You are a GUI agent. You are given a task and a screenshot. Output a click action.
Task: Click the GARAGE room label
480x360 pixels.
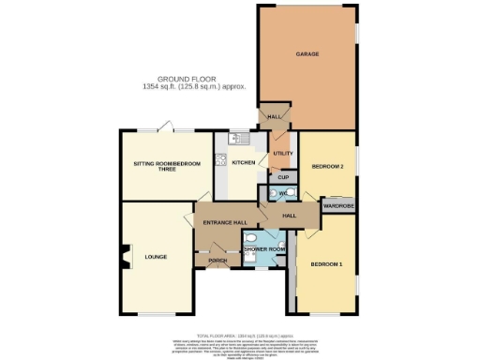pyautogui.click(x=307, y=54)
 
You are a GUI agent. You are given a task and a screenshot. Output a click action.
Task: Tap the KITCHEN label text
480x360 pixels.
pyautogui.click(x=244, y=163)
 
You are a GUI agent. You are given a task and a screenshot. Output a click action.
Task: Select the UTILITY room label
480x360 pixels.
pyautogui.click(x=283, y=153)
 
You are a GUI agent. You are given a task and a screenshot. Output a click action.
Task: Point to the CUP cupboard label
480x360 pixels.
pyautogui.click(x=283, y=176)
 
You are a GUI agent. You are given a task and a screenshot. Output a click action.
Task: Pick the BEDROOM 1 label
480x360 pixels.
pyautogui.click(x=326, y=263)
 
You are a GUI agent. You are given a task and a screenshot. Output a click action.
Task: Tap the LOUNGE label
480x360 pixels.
pyautogui.click(x=156, y=254)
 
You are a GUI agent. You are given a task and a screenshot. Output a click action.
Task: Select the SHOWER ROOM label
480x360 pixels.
pyautogui.click(x=263, y=249)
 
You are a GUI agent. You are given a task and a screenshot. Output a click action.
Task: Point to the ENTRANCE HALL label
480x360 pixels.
pyautogui.click(x=225, y=222)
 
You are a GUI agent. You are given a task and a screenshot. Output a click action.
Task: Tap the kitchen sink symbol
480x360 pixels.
pyautogui.click(x=239, y=141)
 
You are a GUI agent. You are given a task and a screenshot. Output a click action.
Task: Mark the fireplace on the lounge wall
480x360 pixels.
pyautogui.click(x=122, y=254)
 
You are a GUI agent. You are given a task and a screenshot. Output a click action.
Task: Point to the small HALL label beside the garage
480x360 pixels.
pyautogui.click(x=275, y=117)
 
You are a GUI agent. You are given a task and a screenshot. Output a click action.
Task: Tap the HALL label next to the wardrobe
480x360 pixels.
pyautogui.click(x=290, y=217)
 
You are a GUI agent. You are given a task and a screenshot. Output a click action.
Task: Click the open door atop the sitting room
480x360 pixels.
pyautogui.click(x=164, y=125)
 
